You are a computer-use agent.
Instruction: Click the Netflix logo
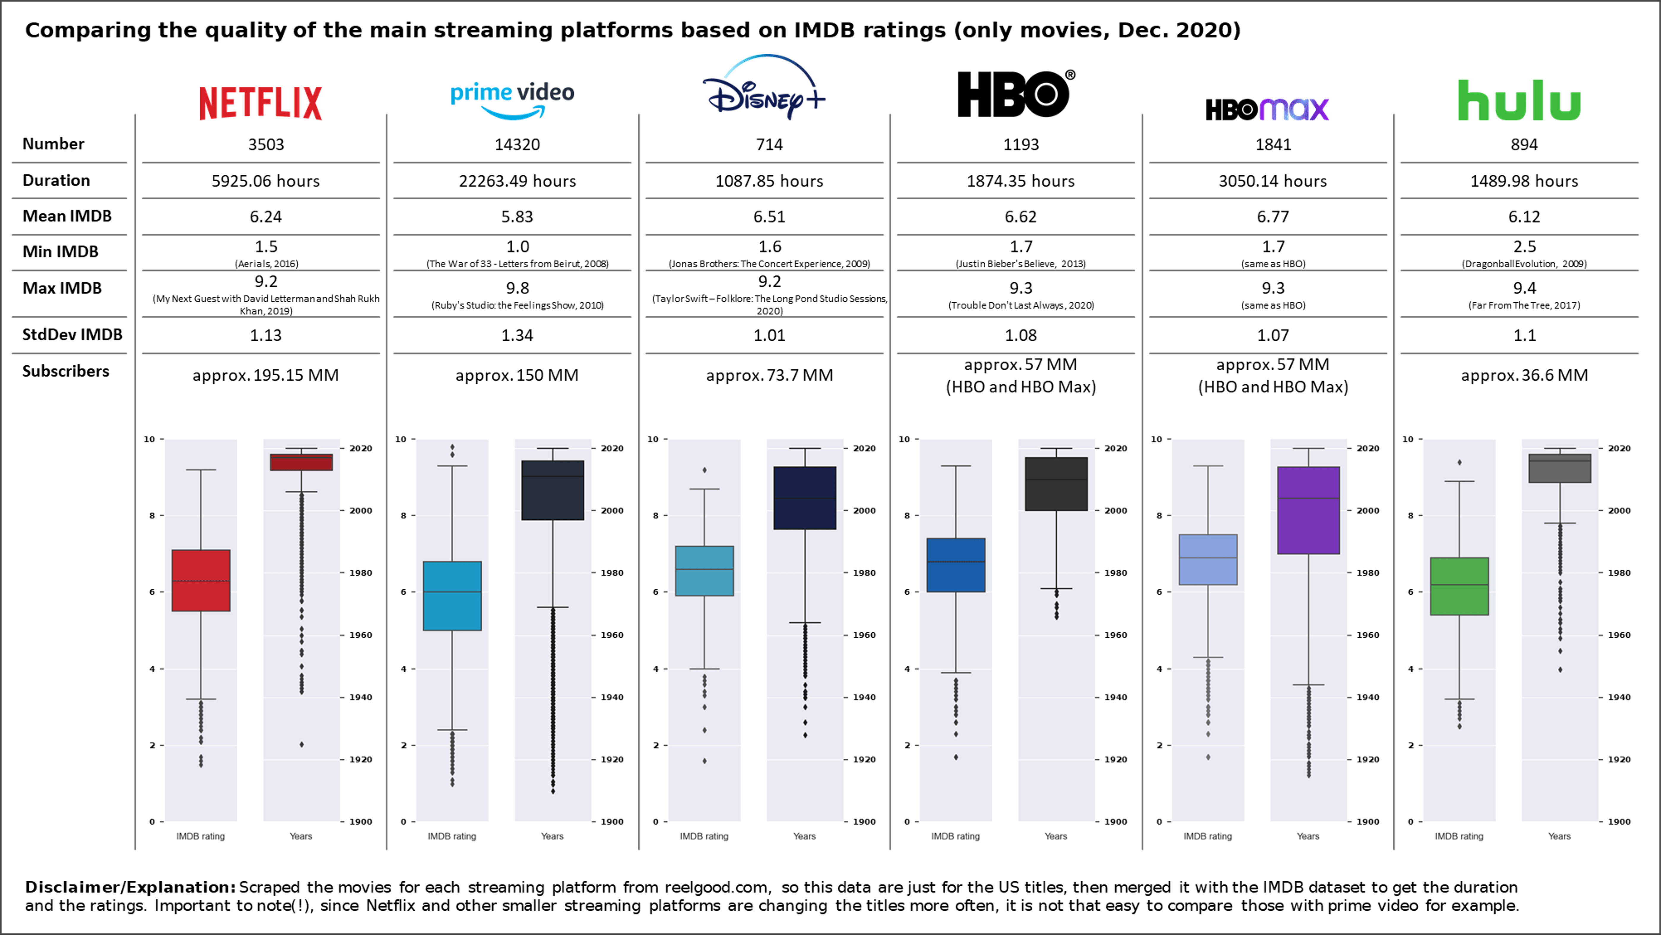[261, 103]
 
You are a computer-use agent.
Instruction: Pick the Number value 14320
[517, 145]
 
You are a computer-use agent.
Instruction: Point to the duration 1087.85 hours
[769, 181]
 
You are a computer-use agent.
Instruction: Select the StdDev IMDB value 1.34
[517, 335]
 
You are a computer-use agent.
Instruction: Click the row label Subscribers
[66, 372]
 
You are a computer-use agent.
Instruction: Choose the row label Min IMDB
[61, 252]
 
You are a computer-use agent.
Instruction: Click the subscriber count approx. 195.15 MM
[266, 375]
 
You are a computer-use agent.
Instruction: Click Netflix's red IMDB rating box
[201, 580]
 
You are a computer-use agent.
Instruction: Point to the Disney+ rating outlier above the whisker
[705, 470]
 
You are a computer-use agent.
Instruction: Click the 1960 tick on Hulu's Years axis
[1619, 635]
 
